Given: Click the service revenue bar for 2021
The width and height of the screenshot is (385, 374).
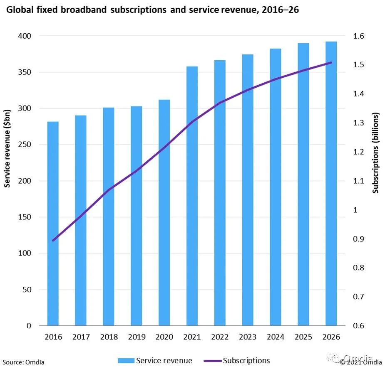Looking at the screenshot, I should point(192,196).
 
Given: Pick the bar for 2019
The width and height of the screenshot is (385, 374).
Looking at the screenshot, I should point(136,216).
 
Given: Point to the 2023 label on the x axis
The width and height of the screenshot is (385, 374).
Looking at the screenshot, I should point(248,337).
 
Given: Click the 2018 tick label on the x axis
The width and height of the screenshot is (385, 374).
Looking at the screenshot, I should point(109,337).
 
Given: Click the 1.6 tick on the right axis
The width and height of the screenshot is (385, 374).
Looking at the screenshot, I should point(359,36).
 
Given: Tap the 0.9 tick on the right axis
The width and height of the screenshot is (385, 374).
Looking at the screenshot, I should point(359,239).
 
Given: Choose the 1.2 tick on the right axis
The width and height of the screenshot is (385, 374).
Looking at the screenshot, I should point(359,152).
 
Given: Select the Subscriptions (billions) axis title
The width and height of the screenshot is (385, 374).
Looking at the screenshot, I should point(376,153).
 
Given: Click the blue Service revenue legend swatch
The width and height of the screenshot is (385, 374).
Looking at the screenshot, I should point(126,361).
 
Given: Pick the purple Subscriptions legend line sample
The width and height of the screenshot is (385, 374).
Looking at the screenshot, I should point(212,361).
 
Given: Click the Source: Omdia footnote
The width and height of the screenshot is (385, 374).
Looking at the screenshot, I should point(23,362).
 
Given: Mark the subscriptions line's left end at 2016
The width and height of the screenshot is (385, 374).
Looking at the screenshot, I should point(53,240).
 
